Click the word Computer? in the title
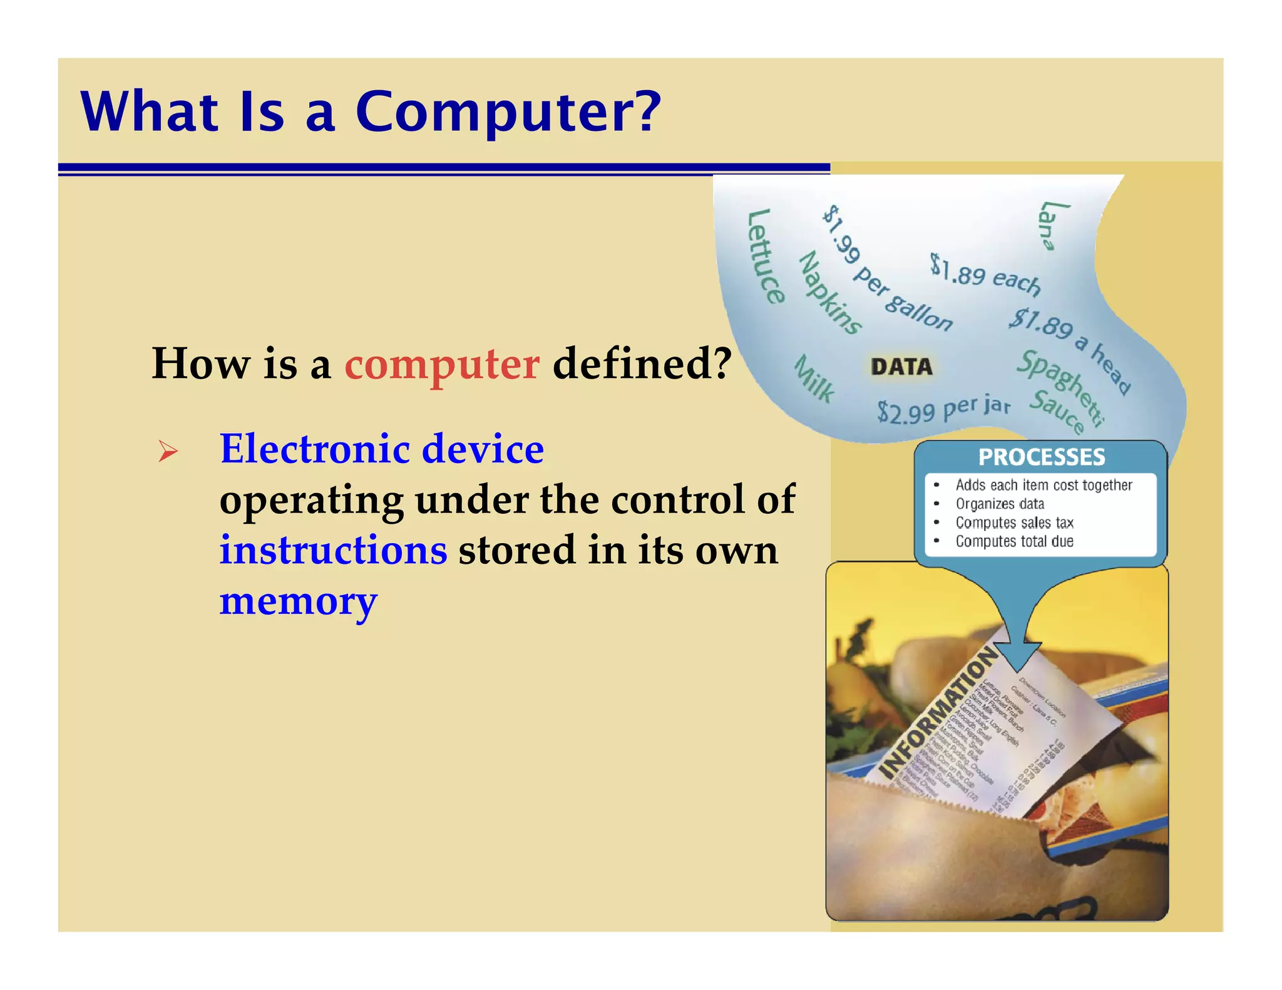[x=508, y=113]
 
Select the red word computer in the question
[x=441, y=364]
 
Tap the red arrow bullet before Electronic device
[x=168, y=451]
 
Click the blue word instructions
[x=333, y=551]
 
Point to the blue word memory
[x=298, y=602]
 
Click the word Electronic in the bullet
[x=315, y=449]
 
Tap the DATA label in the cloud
[x=901, y=367]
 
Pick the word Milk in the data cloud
[x=814, y=379]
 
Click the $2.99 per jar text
[x=943, y=409]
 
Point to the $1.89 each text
[x=985, y=274]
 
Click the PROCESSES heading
[x=1042, y=457]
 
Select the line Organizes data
[x=1000, y=504]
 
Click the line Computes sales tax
[x=1014, y=523]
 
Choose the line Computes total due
[x=1014, y=541]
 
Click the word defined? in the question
[x=642, y=364]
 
